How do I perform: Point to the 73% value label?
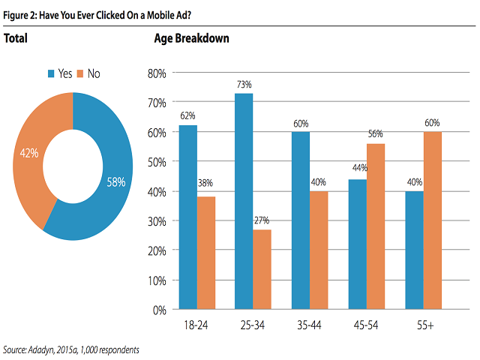(244, 85)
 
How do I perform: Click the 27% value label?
(262, 222)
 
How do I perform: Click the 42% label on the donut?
(28, 153)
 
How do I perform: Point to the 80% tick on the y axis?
(157, 73)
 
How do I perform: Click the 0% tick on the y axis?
(159, 310)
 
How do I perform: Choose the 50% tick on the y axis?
(157, 162)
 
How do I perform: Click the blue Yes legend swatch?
(52, 73)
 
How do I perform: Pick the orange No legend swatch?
(81, 73)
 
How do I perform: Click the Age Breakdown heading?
(191, 37)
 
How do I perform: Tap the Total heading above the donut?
(16, 37)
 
